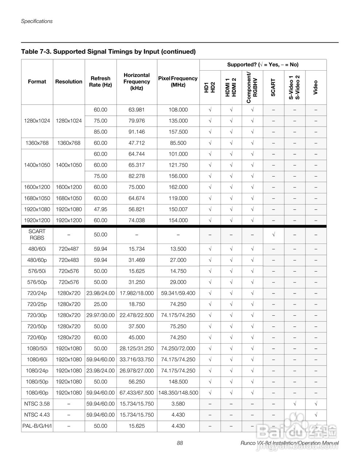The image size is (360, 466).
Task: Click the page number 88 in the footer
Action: click(x=180, y=443)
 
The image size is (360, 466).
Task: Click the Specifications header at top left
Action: click(x=37, y=21)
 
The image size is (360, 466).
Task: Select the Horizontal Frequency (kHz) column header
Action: click(x=137, y=82)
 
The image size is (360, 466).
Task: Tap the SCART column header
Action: click(x=273, y=87)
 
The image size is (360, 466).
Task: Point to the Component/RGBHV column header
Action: click(x=252, y=87)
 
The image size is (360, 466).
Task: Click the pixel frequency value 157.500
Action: click(x=178, y=132)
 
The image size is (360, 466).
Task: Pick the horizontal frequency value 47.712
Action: click(x=137, y=143)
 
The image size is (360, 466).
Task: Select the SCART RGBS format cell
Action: click(x=37, y=234)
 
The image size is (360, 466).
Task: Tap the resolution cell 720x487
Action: click(x=69, y=249)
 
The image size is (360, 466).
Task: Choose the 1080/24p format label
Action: click(x=37, y=371)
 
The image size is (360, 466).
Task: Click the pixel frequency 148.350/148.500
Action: click(x=178, y=393)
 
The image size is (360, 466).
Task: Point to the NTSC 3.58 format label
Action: click(x=37, y=404)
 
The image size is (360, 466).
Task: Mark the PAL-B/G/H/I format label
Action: click(x=37, y=426)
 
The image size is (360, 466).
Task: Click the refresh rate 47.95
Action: click(x=100, y=209)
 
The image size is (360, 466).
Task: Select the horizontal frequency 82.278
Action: click(x=137, y=176)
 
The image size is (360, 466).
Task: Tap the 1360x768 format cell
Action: click(x=37, y=143)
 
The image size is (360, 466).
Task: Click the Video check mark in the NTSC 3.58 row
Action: click(x=316, y=404)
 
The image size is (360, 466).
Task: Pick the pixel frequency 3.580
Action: click(x=178, y=404)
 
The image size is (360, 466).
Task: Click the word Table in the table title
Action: click(x=29, y=52)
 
